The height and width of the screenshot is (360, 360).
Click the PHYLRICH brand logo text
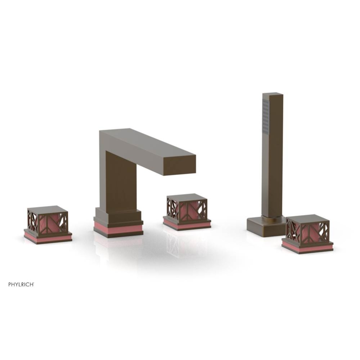coord(21,284)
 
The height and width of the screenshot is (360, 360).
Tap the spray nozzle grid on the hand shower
coord(266,116)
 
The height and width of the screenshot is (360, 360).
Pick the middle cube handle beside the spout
coord(187,208)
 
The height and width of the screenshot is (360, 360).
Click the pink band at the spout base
coord(118,229)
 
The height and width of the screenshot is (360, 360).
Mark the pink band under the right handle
coord(307,247)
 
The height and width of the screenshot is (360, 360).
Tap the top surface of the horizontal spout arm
coord(148,142)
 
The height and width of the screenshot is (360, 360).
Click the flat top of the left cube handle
coord(47,209)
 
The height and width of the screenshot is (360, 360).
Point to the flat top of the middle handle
coord(187,197)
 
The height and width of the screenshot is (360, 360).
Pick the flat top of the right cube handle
coord(307,218)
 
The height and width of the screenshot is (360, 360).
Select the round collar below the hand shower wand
coord(272,218)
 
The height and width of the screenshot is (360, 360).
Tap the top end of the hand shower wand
coord(273,95)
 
